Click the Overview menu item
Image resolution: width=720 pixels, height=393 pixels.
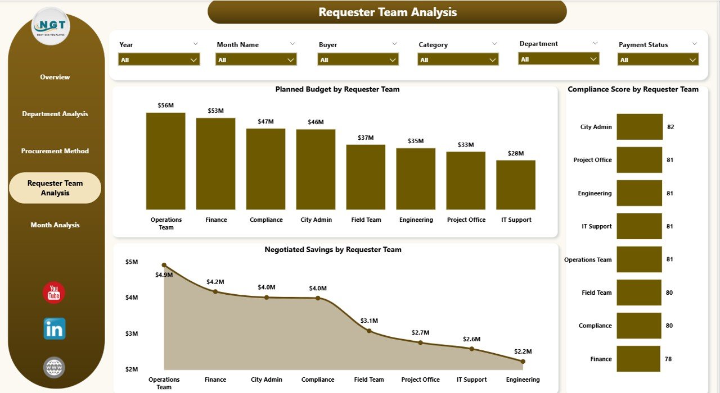(55, 77)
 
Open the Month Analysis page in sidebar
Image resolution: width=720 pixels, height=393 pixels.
(55, 225)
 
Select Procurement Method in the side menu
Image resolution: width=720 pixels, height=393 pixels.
(55, 151)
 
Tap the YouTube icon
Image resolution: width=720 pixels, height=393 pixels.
(54, 293)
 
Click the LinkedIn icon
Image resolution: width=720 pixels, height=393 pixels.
(55, 329)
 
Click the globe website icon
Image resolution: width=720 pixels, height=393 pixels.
(54, 368)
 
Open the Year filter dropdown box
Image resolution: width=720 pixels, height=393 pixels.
(159, 60)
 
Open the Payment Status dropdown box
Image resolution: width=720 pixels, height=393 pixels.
(658, 60)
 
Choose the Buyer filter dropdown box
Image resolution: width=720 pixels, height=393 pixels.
(358, 60)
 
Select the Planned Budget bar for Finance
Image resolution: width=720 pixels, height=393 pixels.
(216, 163)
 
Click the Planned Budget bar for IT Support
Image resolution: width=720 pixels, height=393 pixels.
(516, 185)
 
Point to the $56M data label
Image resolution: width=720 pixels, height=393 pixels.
(165, 105)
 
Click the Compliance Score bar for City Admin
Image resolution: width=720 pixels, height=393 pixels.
(640, 127)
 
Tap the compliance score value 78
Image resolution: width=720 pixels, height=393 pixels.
(668, 359)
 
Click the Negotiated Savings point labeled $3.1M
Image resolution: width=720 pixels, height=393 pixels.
(369, 331)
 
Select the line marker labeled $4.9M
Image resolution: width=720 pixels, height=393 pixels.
(164, 265)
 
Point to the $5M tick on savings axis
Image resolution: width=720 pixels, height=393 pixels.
(130, 262)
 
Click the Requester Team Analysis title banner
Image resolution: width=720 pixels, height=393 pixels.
(387, 12)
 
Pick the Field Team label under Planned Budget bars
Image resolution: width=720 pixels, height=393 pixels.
(366, 220)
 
